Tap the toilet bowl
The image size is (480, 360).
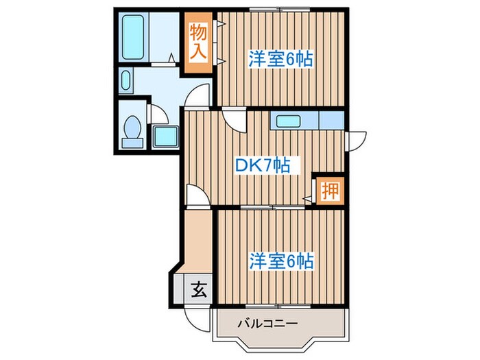coord(132,128)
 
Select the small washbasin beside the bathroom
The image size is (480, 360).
coord(125,82)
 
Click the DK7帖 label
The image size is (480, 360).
coord(262,165)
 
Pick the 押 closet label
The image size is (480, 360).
coord(330,190)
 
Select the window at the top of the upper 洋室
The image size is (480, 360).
coord(280,10)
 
